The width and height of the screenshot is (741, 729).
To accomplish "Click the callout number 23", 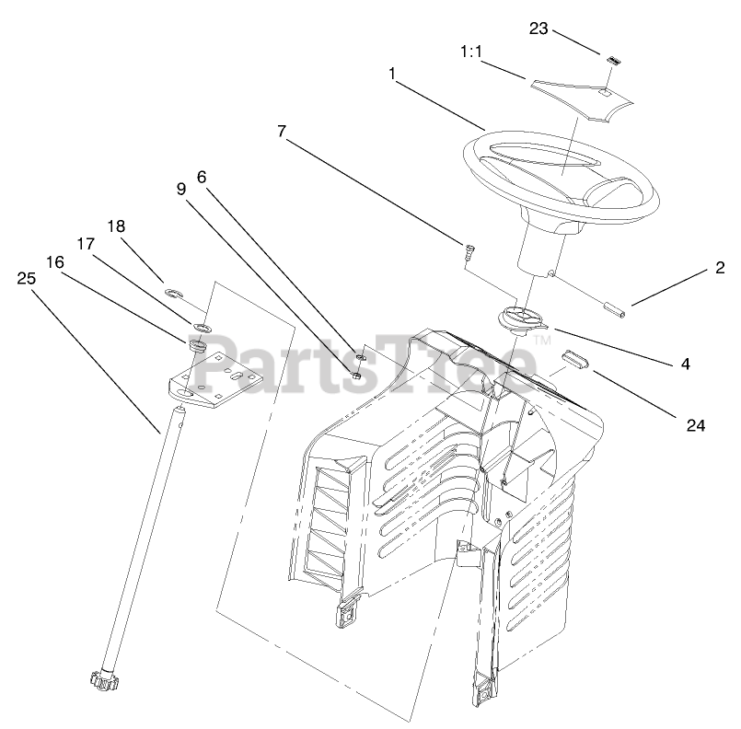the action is click(x=538, y=29).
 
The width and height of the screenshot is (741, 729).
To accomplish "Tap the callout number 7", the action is click(x=282, y=132).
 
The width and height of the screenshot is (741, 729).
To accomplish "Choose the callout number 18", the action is click(x=116, y=226).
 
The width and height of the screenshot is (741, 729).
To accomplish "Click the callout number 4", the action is click(x=685, y=364).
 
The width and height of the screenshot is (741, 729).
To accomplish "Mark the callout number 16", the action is click(x=54, y=261).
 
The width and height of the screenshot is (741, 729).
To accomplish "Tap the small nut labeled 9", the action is click(x=353, y=373).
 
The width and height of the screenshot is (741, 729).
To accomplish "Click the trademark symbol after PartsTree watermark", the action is click(x=542, y=341).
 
